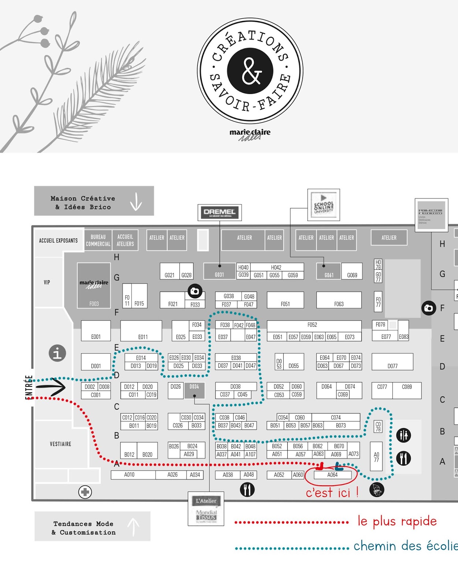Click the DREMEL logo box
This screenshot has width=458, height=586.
[x=220, y=212]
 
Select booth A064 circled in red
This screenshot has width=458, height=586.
[x=332, y=475]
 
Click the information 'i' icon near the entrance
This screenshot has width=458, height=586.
[x=57, y=353]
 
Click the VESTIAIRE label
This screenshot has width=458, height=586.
[x=61, y=444]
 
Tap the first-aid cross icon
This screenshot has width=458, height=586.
[x=85, y=492]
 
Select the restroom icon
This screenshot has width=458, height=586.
[x=403, y=435]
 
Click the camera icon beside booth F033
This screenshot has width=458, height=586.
[x=195, y=291]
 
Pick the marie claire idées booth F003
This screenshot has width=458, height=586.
[x=94, y=286]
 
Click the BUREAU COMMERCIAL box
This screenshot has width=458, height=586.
[x=98, y=240]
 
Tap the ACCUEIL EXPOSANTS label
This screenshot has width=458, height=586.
[x=59, y=241]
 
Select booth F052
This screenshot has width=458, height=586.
[x=312, y=325]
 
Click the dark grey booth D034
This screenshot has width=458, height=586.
[x=194, y=390]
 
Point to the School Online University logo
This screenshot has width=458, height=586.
[x=324, y=205]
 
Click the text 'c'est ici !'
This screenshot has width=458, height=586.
[x=332, y=493]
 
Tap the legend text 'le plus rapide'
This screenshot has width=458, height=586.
[x=397, y=521]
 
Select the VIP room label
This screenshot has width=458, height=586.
[x=47, y=282]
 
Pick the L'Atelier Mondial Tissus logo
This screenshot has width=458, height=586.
[x=206, y=509]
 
